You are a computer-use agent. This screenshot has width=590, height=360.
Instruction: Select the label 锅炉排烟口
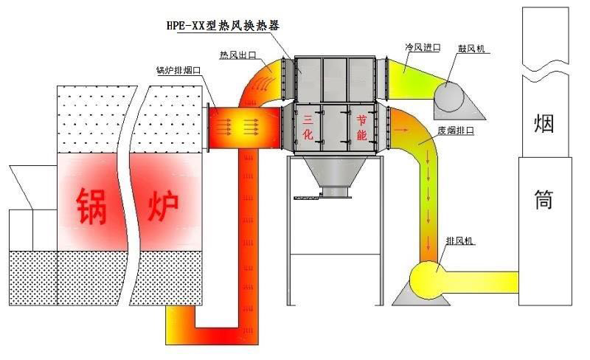point(179,72)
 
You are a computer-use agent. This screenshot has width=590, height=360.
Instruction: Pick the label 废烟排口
point(454,131)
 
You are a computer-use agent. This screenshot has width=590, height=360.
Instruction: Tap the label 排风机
point(462,242)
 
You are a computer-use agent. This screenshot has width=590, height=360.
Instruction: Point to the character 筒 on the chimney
point(544,198)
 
